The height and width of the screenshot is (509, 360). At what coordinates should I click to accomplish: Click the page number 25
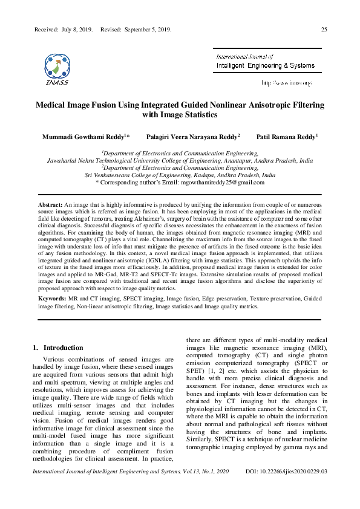324,29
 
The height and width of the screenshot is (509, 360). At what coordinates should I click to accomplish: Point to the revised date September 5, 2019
148,29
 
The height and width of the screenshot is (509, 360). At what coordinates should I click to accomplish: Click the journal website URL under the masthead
287,82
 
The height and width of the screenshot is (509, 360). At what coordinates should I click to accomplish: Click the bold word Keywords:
52,299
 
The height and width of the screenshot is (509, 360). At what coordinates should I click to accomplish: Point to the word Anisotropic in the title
260,105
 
